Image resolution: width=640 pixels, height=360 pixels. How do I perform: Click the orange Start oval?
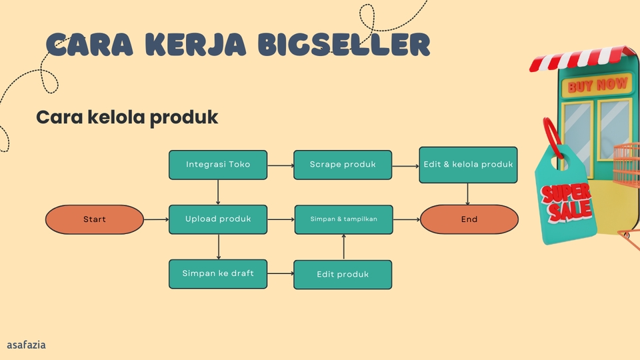click(95, 219)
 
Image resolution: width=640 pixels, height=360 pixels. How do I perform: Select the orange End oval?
click(469, 219)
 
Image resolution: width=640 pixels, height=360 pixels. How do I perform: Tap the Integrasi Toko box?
click(218, 165)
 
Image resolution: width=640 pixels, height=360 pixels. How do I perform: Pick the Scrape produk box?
click(343, 165)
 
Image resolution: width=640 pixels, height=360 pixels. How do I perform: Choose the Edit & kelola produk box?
click(468, 165)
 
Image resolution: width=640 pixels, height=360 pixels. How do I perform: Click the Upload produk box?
click(218, 219)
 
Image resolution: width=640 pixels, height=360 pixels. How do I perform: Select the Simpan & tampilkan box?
click(343, 219)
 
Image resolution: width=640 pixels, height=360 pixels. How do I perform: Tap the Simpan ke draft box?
click(218, 273)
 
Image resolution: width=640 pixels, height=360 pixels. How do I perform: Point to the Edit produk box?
click(343, 274)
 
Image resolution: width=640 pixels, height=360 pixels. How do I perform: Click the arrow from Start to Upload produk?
click(156, 219)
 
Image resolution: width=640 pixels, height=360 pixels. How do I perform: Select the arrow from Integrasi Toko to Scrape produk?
click(280, 165)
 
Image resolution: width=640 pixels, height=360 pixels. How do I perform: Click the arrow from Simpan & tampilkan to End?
click(406, 219)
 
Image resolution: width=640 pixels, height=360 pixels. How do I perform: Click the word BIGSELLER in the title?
click(344, 45)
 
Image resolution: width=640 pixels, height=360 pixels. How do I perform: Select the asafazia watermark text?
click(26, 345)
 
